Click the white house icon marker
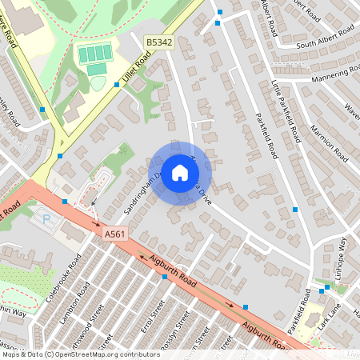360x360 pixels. [180, 172]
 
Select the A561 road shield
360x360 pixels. [114, 234]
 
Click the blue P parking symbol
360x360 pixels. [45, 217]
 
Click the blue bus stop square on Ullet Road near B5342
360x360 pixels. [117, 82]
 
